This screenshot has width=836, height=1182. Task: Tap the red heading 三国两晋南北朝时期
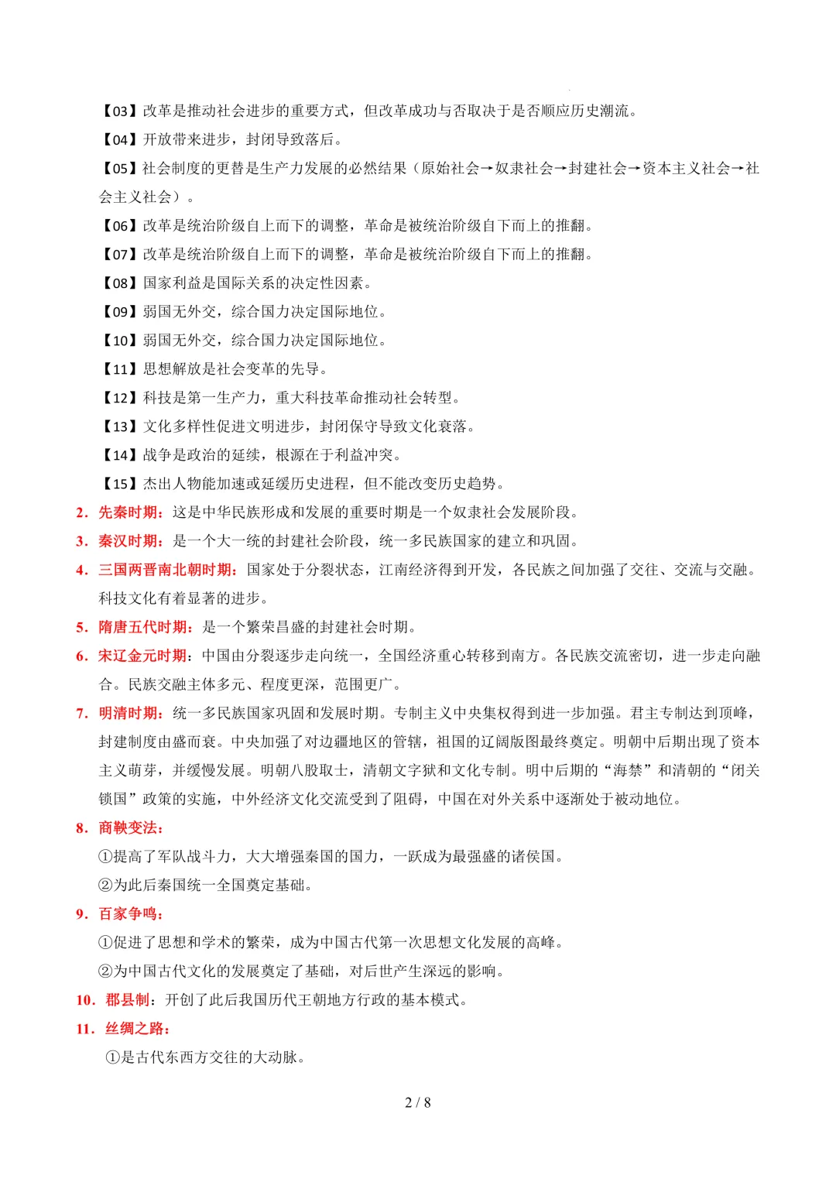click(x=165, y=570)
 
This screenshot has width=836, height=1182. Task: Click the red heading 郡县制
click(x=128, y=1000)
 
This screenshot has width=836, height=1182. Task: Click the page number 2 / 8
click(x=418, y=1102)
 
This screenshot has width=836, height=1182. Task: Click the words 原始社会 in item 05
click(x=451, y=169)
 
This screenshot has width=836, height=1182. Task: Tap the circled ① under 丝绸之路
click(x=113, y=1057)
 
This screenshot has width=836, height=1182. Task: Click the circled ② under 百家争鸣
click(x=106, y=971)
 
